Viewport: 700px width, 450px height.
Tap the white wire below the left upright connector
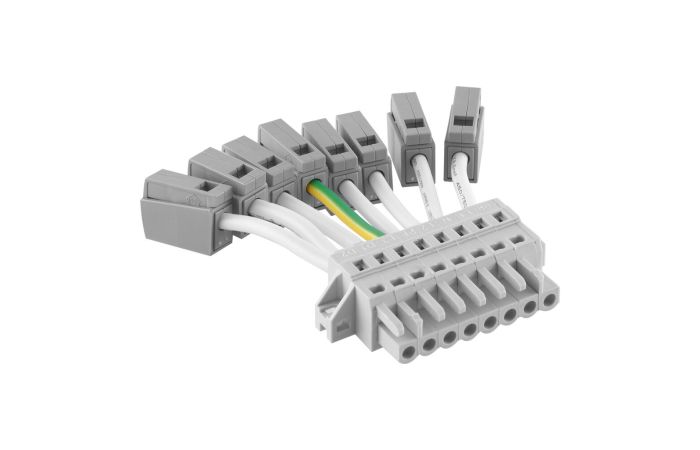point(420,190)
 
